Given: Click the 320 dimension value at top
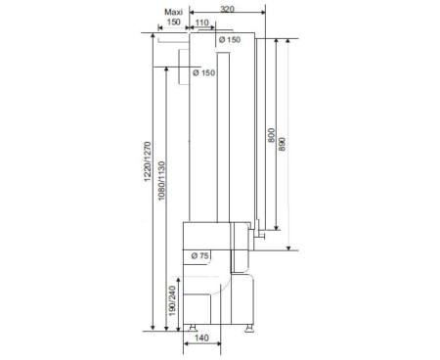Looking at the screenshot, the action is pyautogui.click(x=227, y=9).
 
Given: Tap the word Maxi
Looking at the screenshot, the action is pyautogui.click(x=173, y=12).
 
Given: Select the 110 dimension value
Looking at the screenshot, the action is pyautogui.click(x=202, y=22).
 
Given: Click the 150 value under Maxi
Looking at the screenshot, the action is pyautogui.click(x=173, y=22).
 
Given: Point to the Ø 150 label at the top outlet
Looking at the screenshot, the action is pyautogui.click(x=230, y=40).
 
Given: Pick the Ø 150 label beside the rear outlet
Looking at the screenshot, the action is pyautogui.click(x=204, y=72).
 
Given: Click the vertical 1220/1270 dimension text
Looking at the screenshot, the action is pyautogui.click(x=148, y=161).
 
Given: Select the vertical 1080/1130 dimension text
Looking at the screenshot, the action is pyautogui.click(x=161, y=180).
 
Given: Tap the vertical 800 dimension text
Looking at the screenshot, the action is pyautogui.click(x=271, y=135).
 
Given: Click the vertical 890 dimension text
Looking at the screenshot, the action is pyautogui.click(x=283, y=144).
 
